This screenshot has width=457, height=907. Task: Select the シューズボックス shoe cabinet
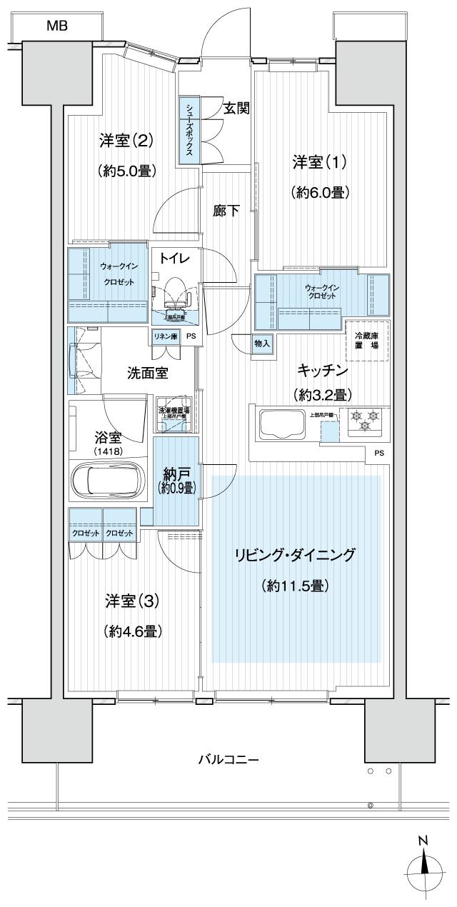coord(190,131)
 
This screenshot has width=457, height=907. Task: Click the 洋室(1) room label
coord(318,162)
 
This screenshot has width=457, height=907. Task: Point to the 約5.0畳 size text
coord(126,171)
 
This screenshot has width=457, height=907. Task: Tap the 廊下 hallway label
coord(226,211)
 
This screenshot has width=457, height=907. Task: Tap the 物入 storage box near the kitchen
coord(262,344)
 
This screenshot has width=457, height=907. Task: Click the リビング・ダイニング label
coord(295,555)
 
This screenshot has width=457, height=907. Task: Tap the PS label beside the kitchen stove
coord(378,452)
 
